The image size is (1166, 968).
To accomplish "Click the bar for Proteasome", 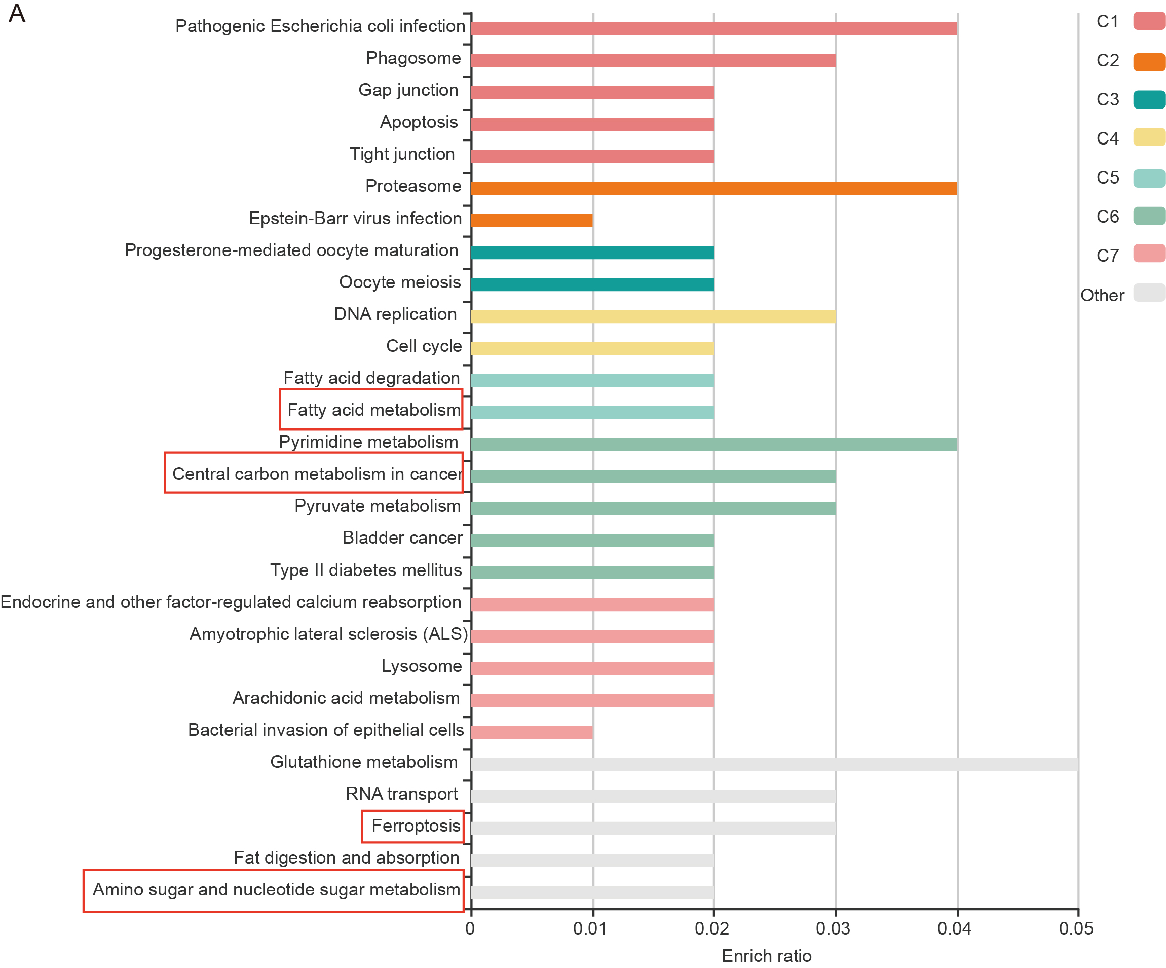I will (713, 188).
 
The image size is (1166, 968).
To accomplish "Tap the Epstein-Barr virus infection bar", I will (532, 221).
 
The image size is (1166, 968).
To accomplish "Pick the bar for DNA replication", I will (653, 316).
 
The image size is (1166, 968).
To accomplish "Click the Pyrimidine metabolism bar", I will (713, 445).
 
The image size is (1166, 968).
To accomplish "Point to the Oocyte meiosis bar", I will (592, 284).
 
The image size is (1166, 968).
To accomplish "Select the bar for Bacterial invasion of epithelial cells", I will (532, 732).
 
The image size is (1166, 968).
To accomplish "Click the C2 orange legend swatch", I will (1149, 62).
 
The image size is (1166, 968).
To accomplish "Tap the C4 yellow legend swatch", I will (1149, 137).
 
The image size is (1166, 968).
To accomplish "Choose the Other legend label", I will (1102, 295).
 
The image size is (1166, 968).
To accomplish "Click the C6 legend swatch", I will (1149, 216).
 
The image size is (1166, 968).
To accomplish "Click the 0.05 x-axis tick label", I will (1075, 928).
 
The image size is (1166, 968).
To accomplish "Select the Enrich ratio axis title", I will (766, 956).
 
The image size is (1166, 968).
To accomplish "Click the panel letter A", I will (17, 13).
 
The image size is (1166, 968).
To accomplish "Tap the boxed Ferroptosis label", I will (416, 826).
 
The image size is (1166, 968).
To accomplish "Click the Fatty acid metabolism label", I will (373, 410).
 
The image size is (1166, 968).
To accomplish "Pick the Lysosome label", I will (422, 666).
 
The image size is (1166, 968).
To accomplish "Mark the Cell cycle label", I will (424, 346).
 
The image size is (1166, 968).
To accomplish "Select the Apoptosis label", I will (419, 122).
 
